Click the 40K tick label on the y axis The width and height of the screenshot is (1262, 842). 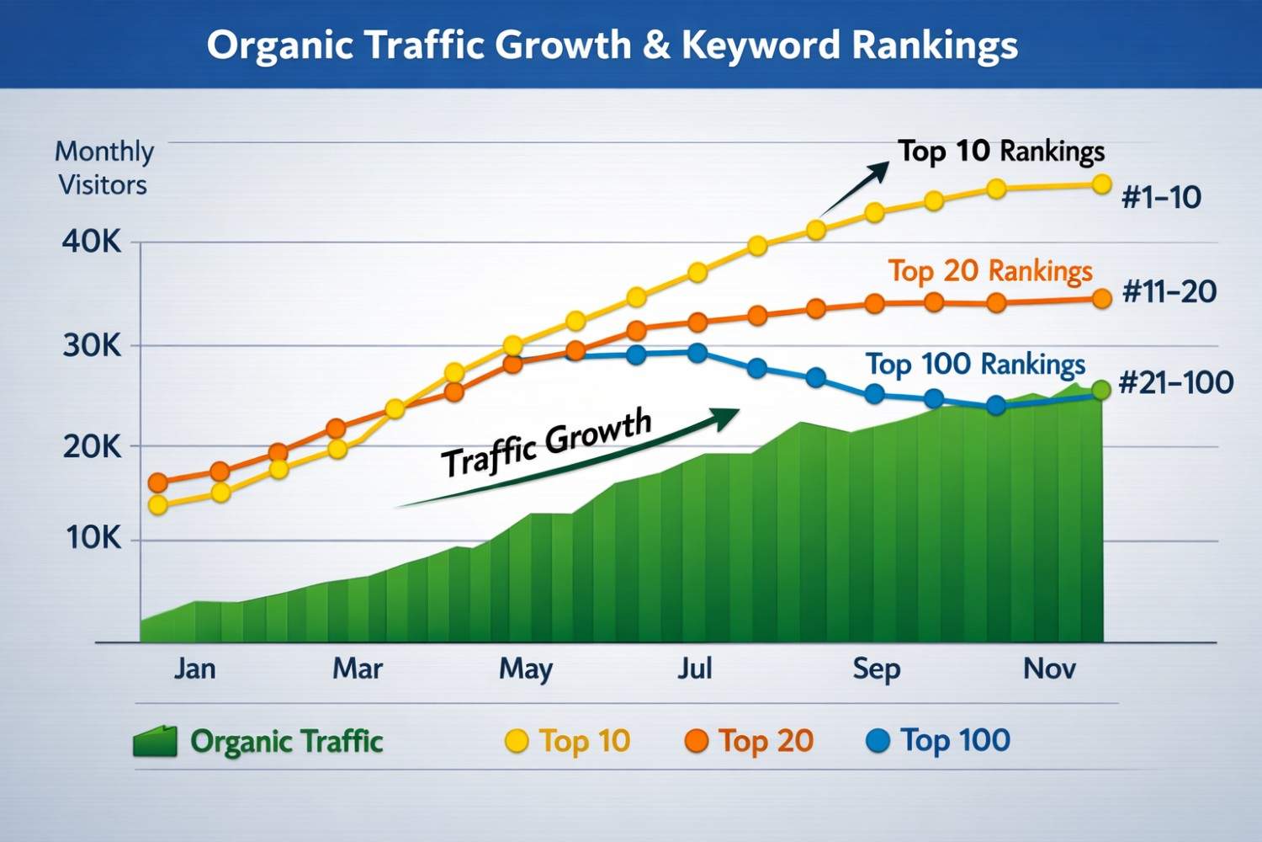pos(92,242)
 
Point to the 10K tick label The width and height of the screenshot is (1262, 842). pos(94,537)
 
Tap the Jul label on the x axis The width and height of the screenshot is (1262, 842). pos(695,669)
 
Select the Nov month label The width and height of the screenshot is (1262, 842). pos(1049,669)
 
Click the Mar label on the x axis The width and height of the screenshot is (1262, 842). pos(358,669)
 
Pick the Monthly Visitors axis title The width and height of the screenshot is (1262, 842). pos(103,168)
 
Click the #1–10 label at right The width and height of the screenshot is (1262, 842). pos(1161,198)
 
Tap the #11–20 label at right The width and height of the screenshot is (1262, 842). pos(1169,292)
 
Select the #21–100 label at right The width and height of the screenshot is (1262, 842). pos(1175,383)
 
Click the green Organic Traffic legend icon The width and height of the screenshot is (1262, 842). pos(155,741)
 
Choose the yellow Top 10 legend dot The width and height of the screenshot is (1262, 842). pos(516,741)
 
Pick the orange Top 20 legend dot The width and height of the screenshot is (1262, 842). pos(696,741)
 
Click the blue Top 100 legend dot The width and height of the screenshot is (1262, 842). pos(878,741)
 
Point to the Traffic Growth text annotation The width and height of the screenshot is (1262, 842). pos(547,442)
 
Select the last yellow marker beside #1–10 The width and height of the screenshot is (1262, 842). pos(1101,184)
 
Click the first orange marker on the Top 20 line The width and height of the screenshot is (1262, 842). pos(157,482)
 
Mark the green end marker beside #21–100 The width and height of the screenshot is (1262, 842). pos(1100,390)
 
